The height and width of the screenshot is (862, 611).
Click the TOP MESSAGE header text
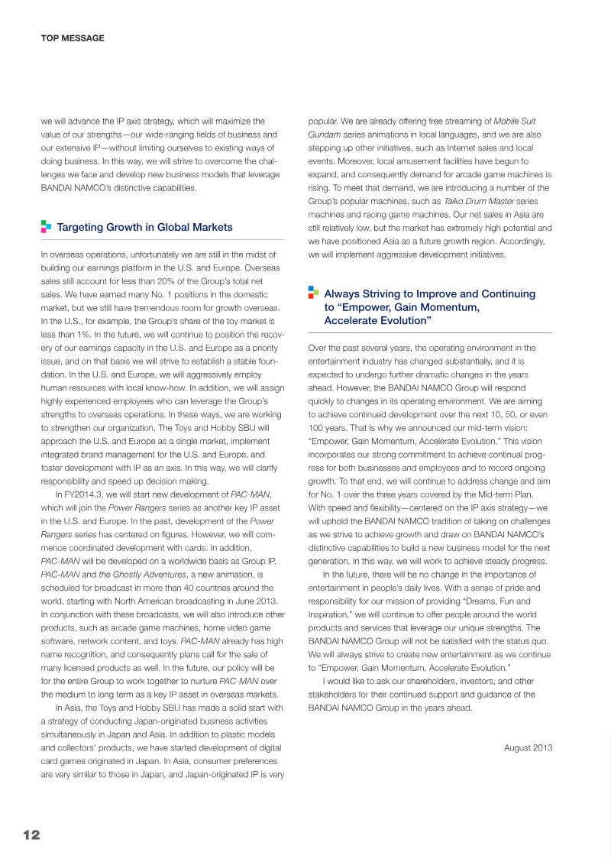(x=72, y=37)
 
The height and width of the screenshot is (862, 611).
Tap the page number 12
(x=31, y=834)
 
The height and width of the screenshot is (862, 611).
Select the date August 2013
(x=528, y=747)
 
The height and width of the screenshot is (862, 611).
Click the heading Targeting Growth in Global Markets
(x=144, y=227)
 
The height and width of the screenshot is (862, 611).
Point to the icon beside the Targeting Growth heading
(x=46, y=226)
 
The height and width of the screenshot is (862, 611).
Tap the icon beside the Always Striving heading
(x=313, y=293)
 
